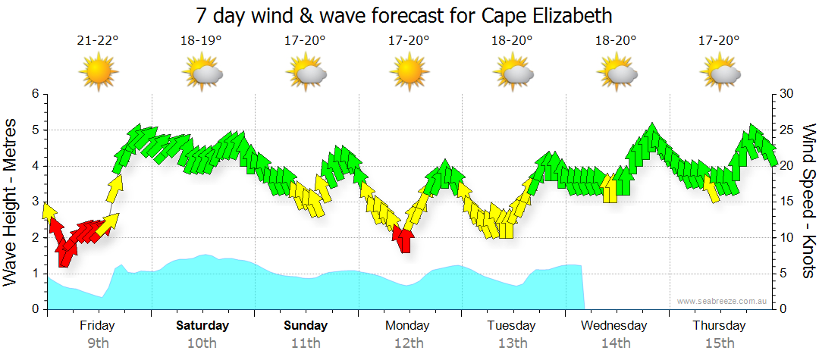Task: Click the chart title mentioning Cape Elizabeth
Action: [x=403, y=15]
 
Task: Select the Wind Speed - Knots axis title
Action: [x=807, y=202]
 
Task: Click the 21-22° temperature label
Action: [x=98, y=41]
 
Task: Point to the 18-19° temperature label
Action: [x=201, y=41]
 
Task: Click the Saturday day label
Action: [x=202, y=326]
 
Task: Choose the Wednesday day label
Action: [x=614, y=326]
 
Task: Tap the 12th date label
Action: [x=409, y=343]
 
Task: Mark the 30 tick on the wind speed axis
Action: [x=786, y=94]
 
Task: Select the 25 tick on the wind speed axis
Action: [x=786, y=130]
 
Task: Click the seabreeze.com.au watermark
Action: [x=722, y=302]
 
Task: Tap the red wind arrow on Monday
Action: [x=403, y=238]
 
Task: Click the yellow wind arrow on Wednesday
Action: [x=610, y=189]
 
